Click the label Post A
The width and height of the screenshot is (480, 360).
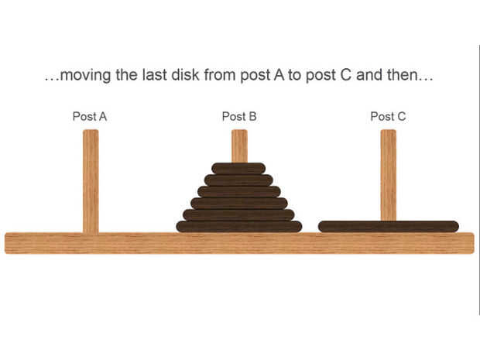pos(89,116)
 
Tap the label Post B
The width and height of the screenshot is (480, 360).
pos(238,116)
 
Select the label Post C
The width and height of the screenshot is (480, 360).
pos(387,116)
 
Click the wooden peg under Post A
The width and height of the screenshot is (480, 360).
pos(91,182)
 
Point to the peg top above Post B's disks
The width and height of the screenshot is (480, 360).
pos(239,146)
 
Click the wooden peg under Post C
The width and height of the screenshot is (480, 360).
pos(388,174)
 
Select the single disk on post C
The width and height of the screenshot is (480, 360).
pos(388,226)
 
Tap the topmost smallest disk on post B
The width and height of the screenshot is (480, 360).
pos(238,168)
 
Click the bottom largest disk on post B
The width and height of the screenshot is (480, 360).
pos(238,226)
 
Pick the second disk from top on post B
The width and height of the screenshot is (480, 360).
pos(238,180)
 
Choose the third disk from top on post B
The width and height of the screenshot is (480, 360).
pos(238,191)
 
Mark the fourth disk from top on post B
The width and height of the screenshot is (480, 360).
pos(238,203)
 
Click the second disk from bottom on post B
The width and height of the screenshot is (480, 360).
pos(238,214)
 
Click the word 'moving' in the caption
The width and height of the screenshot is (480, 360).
pos(85,77)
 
